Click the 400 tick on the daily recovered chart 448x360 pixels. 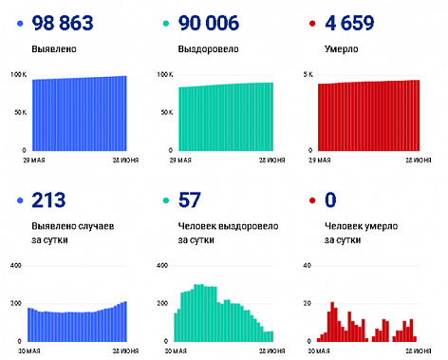click(x=161, y=265)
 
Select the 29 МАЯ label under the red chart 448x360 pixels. click(x=317, y=161)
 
